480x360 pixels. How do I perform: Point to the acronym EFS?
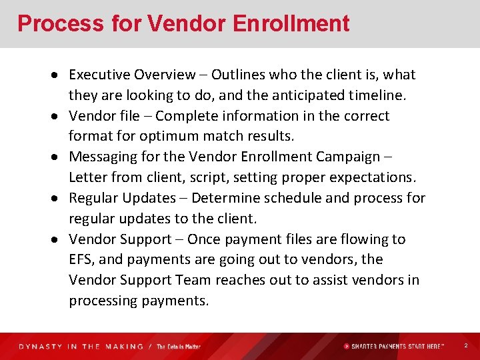pos(81,259)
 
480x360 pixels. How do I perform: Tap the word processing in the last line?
pos(103,301)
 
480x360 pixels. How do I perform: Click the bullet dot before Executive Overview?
pos(59,75)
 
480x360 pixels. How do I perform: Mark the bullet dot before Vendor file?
pos(59,117)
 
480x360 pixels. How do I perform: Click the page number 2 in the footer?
pos(465,346)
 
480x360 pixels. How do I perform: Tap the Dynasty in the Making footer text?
pos(81,347)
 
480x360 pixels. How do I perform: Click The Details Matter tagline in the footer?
pos(179,347)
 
